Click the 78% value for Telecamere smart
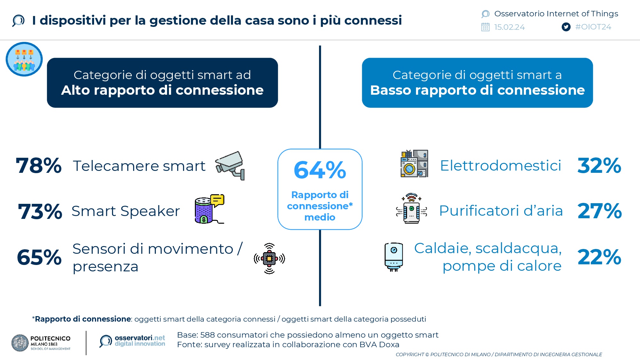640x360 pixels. tap(39, 166)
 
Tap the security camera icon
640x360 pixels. tap(230, 165)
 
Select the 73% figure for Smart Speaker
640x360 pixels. tap(40, 212)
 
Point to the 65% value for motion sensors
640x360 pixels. tap(39, 257)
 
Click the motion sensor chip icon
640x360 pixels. tap(269, 259)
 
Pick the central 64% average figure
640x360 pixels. tap(320, 170)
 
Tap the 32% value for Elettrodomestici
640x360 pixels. tap(599, 166)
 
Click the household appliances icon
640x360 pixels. tap(414, 164)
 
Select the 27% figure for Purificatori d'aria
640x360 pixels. tap(600, 211)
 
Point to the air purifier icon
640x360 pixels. tap(412, 208)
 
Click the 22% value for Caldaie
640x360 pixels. tap(599, 257)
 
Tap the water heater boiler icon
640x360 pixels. tap(394, 257)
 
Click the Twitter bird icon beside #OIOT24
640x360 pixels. tap(566, 27)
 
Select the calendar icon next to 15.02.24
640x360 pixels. tap(485, 27)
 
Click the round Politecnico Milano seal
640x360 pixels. tap(20, 343)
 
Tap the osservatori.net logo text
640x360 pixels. tap(140, 341)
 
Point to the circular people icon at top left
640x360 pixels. tap(24, 59)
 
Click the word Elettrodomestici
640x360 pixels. tap(500, 165)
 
